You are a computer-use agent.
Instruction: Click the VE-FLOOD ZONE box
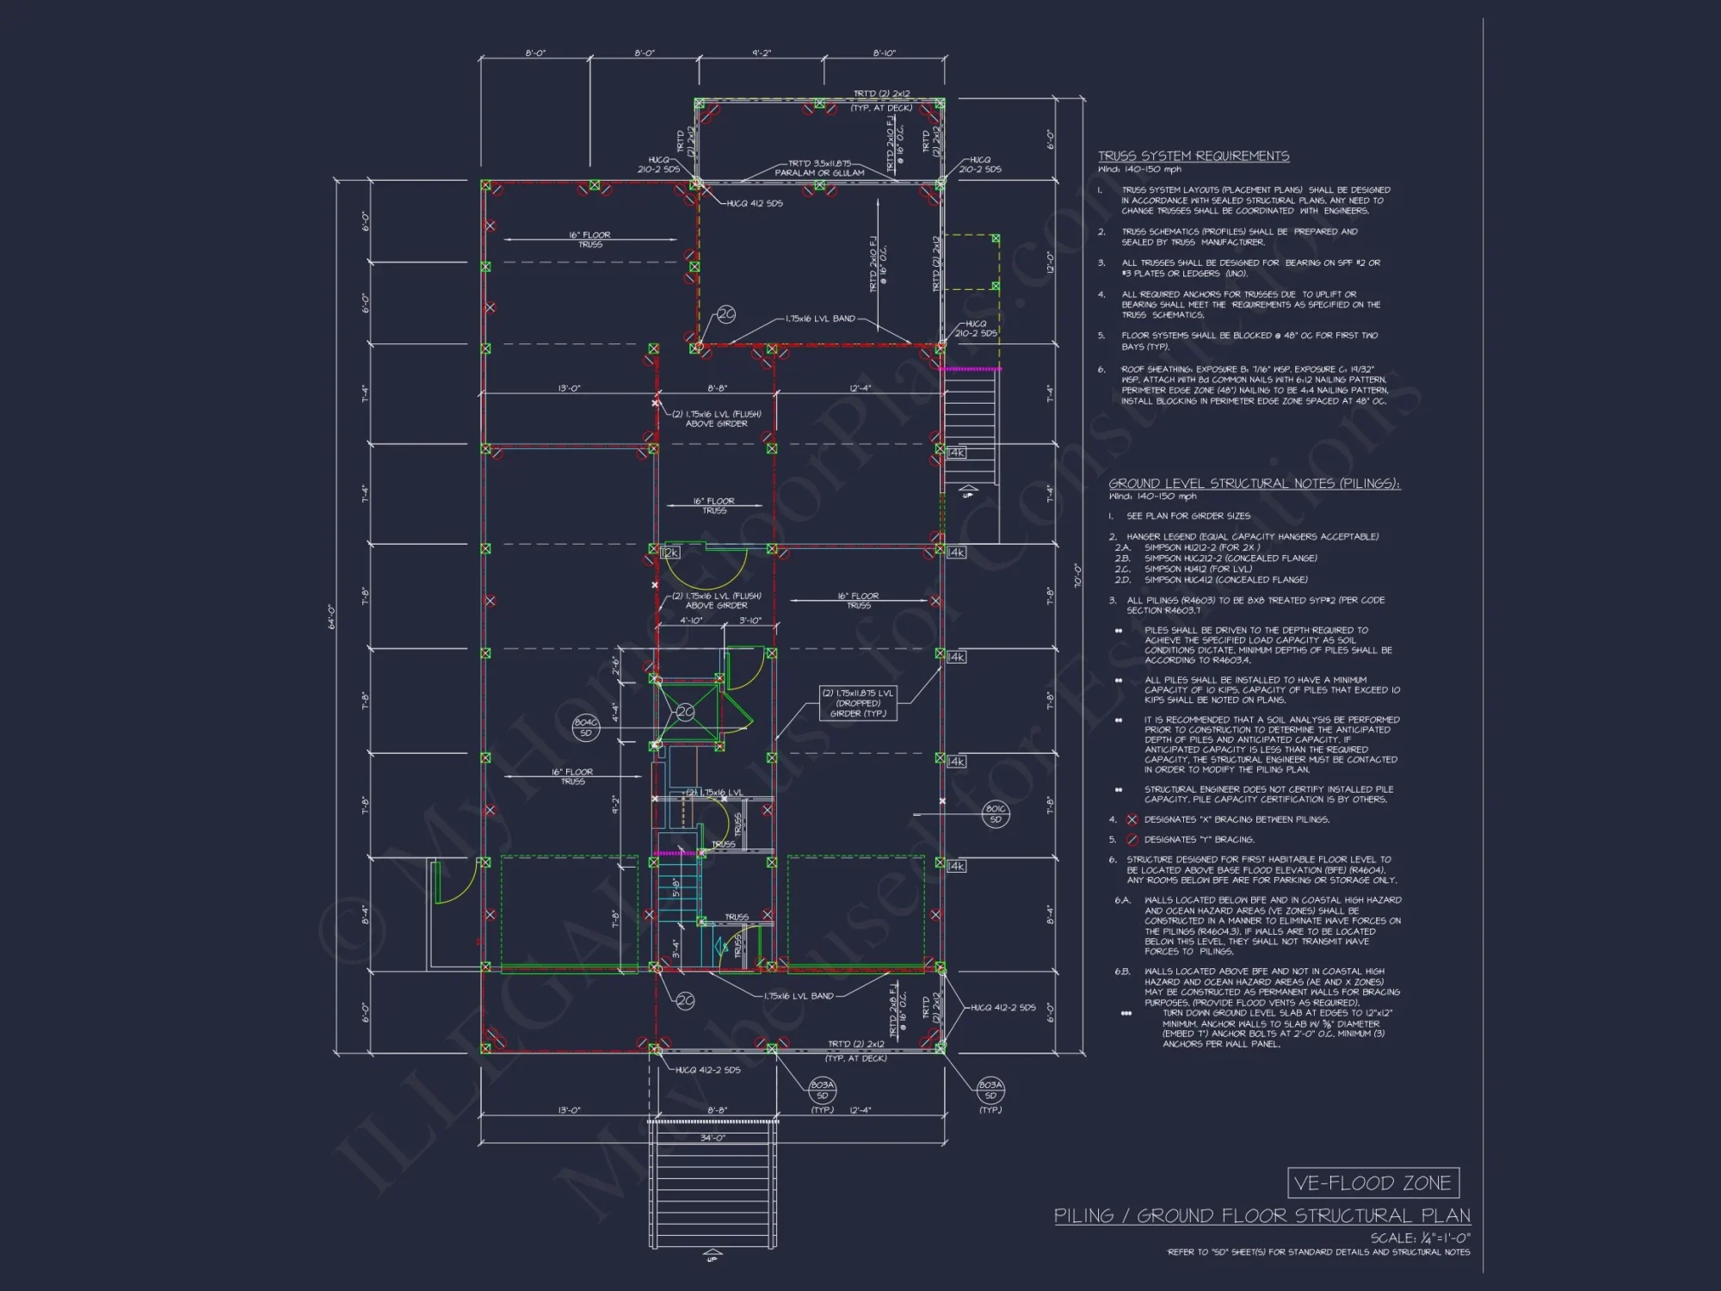[1372, 1183]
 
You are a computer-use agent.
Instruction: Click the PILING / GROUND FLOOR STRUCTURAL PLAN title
[1261, 1215]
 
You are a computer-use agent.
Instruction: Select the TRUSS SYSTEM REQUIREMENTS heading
[1193, 156]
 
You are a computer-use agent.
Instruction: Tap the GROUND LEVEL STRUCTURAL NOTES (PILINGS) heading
[1254, 484]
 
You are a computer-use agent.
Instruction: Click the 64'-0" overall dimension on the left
[332, 616]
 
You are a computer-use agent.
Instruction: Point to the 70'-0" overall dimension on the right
[1076, 575]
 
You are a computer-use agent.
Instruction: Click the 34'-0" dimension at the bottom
[712, 1138]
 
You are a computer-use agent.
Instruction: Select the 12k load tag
[670, 553]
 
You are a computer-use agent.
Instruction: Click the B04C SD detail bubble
[585, 727]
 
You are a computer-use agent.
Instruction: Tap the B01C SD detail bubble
[996, 813]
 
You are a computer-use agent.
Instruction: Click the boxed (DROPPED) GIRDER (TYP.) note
[857, 703]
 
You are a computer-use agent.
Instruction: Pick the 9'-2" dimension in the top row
[761, 53]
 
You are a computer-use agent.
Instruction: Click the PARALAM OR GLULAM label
[819, 173]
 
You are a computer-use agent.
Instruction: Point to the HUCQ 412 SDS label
[755, 204]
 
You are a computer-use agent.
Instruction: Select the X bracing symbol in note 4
[1132, 819]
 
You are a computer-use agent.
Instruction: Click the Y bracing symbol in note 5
[1132, 840]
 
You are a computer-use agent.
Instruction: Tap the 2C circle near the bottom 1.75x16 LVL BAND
[684, 1001]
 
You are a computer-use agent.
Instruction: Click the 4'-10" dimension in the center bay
[691, 621]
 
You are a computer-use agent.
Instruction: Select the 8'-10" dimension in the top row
[884, 53]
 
